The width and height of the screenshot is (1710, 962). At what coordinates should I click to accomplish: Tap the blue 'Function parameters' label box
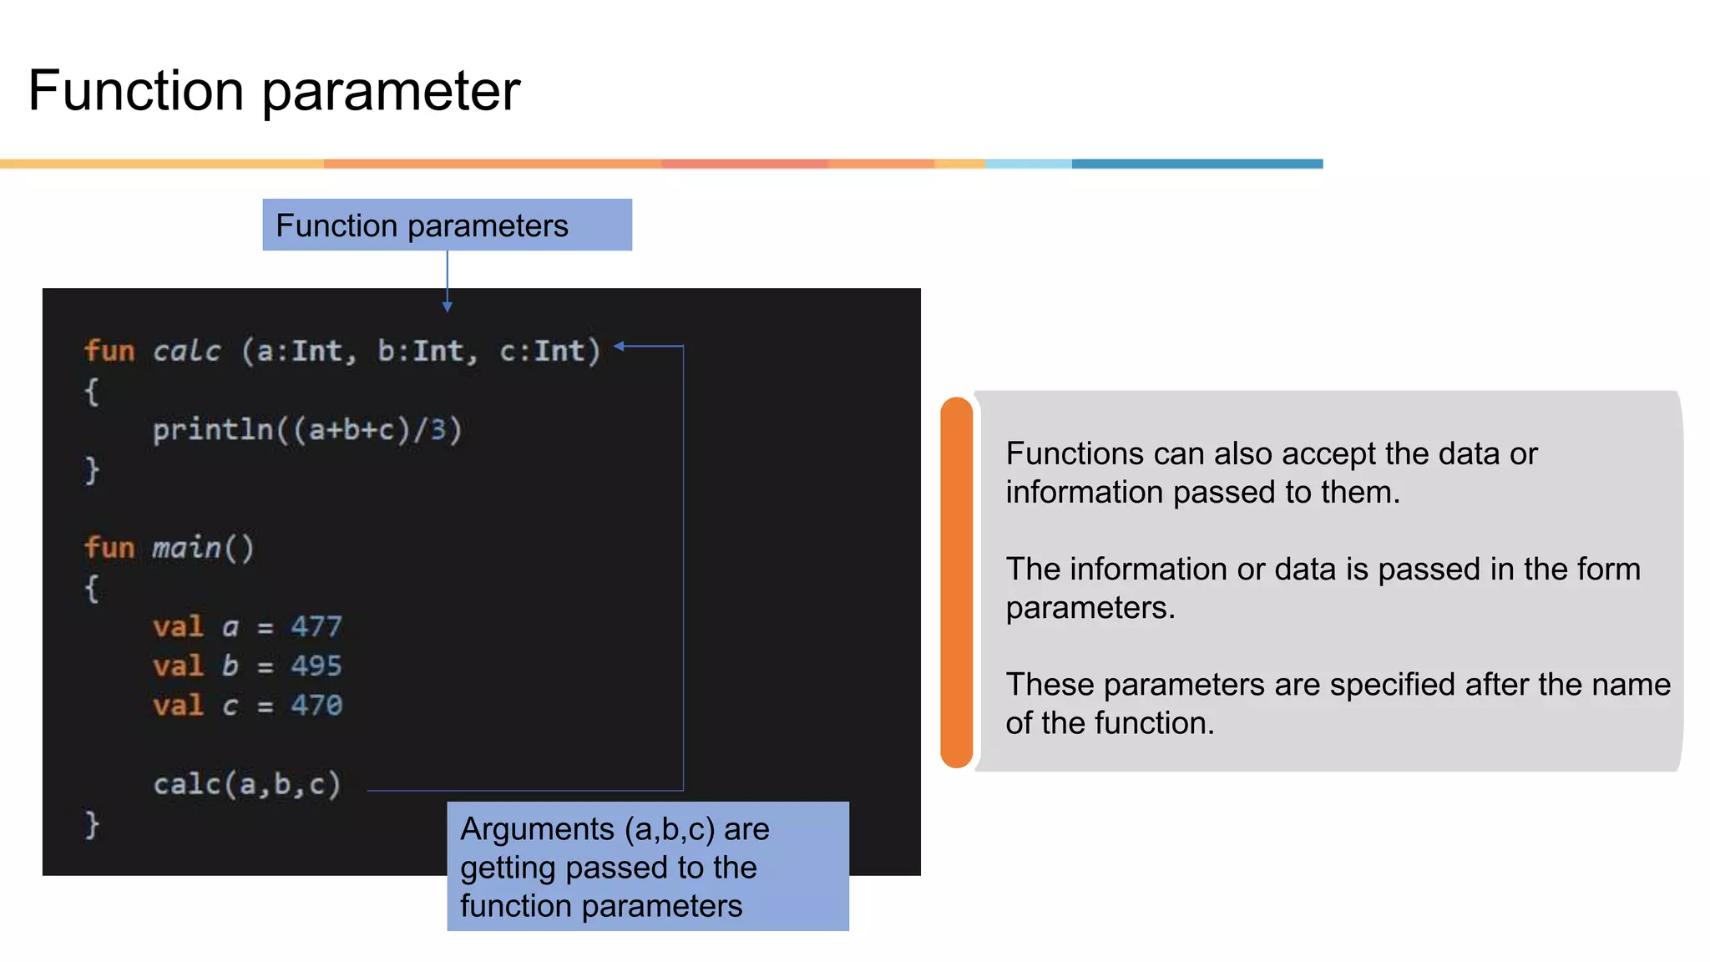click(447, 225)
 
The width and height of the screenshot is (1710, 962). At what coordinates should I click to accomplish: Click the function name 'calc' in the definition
click(187, 351)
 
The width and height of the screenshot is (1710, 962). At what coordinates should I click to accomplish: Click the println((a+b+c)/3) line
click(306, 430)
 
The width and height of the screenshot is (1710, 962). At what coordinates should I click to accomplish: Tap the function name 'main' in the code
click(187, 548)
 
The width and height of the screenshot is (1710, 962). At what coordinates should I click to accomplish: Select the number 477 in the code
click(316, 626)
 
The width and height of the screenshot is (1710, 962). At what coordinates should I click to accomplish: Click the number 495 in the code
click(316, 666)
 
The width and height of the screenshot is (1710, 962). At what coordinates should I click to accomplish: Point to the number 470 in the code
click(316, 706)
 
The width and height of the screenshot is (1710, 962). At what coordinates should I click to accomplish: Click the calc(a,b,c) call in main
click(247, 784)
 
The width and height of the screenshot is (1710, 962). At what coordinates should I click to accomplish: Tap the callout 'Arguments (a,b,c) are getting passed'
click(647, 866)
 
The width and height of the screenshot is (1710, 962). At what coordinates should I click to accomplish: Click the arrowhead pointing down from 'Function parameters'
click(448, 307)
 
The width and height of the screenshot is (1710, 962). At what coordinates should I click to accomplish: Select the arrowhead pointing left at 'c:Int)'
click(620, 346)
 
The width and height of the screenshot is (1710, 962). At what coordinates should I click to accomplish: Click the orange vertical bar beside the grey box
click(957, 582)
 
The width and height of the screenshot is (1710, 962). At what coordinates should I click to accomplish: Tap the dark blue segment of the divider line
click(1196, 164)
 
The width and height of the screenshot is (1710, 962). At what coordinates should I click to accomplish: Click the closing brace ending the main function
click(92, 825)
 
